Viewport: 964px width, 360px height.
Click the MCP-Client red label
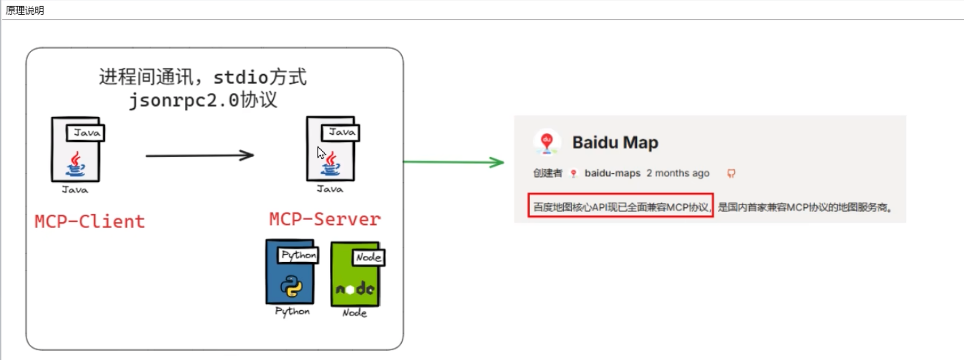pos(90,222)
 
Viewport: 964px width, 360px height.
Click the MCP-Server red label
pos(325,219)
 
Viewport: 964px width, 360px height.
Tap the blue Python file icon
pos(291,272)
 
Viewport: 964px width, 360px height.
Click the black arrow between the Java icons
pos(199,155)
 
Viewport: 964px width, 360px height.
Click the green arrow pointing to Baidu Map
pos(453,162)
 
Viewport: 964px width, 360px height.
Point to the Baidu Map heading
pos(615,142)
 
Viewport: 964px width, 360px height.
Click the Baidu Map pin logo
pos(547,142)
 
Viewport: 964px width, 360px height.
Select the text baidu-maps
pos(612,173)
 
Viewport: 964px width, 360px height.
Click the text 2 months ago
pos(678,173)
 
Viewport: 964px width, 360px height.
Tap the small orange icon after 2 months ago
pos(731,173)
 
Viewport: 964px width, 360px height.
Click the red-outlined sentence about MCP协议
pos(620,207)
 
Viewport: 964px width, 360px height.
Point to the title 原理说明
pos(25,10)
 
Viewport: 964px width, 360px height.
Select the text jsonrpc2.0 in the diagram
pos(184,100)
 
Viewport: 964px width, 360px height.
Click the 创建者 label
pos(547,173)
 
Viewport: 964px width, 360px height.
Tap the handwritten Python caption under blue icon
pos(293,311)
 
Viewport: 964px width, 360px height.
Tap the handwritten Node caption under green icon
pos(354,313)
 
